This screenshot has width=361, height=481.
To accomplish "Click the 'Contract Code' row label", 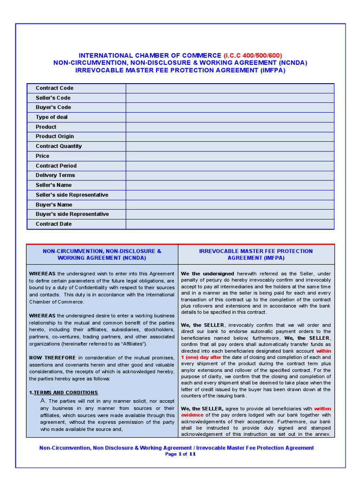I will [55, 88].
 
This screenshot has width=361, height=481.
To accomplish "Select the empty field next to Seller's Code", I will [229, 98].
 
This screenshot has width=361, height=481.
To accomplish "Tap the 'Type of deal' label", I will [52, 117].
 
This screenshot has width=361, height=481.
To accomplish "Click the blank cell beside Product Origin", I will [229, 136].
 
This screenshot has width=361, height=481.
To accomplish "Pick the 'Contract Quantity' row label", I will [59, 146].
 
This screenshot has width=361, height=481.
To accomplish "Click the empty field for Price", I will [229, 156].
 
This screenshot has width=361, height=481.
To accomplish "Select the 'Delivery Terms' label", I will [55, 175].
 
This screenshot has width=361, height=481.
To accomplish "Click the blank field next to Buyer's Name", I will [229, 204].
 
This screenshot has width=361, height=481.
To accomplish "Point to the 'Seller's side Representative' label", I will [72, 194].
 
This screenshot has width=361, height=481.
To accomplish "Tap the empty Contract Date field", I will [229, 224].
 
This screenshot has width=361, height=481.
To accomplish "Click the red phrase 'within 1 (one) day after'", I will [323, 350].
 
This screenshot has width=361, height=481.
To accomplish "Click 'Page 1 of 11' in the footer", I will [180, 454].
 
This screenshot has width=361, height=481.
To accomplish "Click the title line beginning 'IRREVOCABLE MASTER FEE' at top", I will [180, 70].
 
